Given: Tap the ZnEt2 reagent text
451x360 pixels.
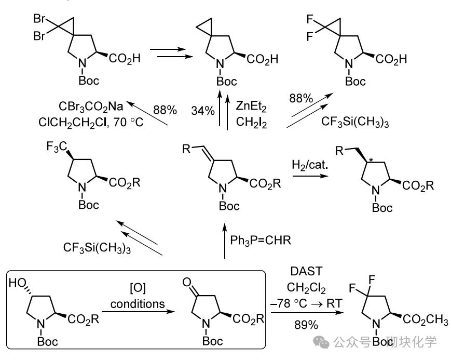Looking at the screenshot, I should coord(252,106).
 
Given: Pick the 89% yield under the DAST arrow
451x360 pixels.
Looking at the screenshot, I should coord(307,325).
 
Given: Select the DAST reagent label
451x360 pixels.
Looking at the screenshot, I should coord(306,271).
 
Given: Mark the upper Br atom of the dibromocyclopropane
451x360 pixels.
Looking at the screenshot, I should coord(39,20).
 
